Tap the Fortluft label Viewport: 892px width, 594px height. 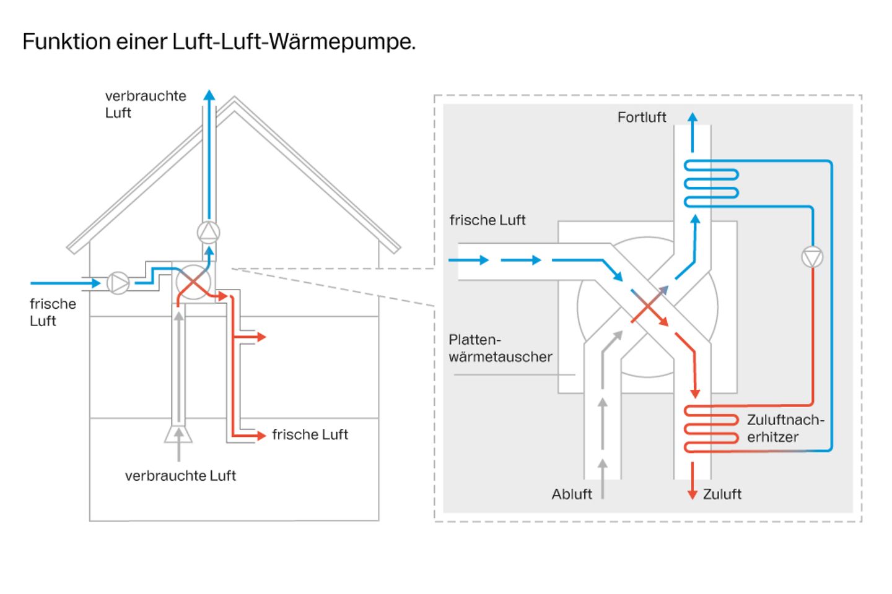[641, 118]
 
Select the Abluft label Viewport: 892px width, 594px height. [571, 494]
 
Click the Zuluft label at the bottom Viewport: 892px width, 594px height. [722, 494]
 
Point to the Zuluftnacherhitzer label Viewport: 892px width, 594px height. [785, 428]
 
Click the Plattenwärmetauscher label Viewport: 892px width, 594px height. [500, 348]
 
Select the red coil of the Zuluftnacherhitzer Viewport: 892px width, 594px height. [711, 429]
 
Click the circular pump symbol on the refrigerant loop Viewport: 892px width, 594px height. [812, 257]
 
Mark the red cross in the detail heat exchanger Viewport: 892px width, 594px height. [647, 307]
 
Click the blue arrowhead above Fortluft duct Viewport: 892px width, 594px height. [693, 116]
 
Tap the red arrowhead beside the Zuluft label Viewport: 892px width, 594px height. [693, 494]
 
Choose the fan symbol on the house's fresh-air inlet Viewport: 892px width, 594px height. [118, 283]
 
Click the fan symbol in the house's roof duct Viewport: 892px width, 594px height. [209, 232]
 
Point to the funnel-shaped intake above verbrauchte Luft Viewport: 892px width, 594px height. [178, 434]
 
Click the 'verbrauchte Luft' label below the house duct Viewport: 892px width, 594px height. [180, 476]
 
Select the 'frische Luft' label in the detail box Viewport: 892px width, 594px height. [488, 220]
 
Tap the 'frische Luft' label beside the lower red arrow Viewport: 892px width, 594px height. [310, 435]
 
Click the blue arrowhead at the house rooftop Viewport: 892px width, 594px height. [209, 95]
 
